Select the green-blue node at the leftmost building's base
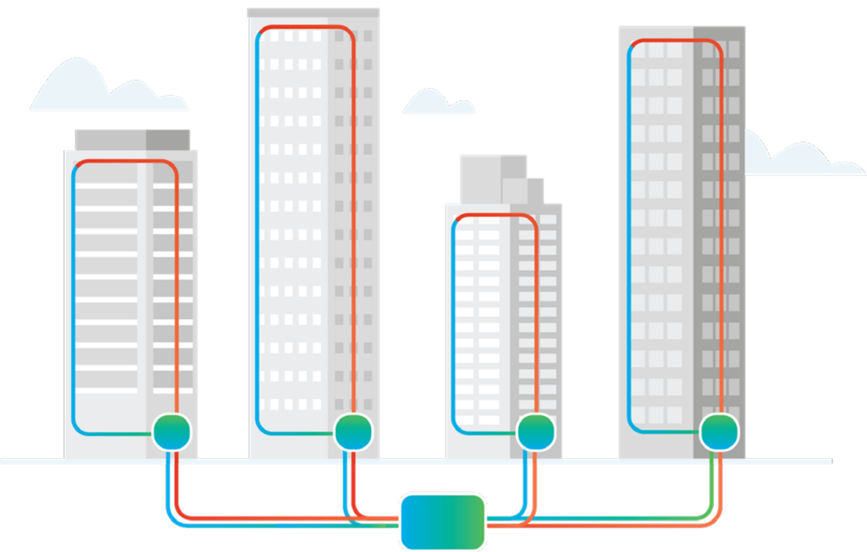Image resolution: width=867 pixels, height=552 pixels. (172, 433)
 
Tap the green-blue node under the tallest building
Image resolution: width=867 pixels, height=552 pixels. (353, 432)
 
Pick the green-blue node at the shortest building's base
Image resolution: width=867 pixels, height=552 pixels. (535, 432)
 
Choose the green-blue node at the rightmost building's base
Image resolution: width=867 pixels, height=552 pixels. (718, 432)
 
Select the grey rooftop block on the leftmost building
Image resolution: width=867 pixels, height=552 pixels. (132, 138)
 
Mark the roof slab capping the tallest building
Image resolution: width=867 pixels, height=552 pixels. (312, 13)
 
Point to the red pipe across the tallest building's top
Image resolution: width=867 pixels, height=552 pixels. (305, 27)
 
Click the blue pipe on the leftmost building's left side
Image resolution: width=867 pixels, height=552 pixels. (73, 296)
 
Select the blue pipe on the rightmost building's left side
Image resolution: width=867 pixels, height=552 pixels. (629, 237)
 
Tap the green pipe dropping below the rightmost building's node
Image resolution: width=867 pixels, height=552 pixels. (710, 483)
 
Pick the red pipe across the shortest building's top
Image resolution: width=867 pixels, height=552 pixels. (495, 215)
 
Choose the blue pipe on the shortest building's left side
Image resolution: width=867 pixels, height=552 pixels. (453, 322)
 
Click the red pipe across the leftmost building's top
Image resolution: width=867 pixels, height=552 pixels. (127, 160)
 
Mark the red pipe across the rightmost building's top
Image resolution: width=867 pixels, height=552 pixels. (677, 40)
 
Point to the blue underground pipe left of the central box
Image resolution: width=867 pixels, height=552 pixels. (279, 525)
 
